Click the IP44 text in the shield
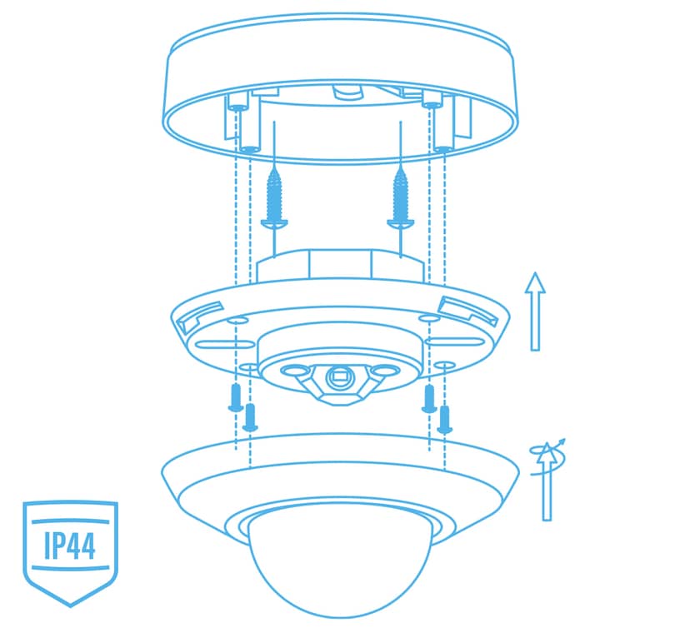[70, 545]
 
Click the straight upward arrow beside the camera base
[535, 312]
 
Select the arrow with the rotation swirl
[547, 481]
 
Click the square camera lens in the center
[339, 376]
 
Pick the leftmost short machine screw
[236, 397]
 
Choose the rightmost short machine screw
[444, 419]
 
